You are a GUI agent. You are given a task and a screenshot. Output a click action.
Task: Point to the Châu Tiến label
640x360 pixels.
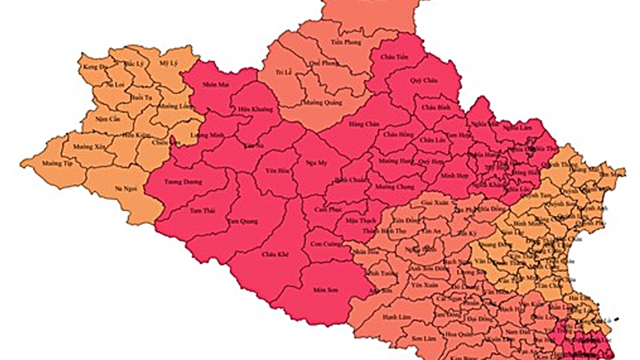393,57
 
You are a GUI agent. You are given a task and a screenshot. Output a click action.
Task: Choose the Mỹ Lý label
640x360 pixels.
167,63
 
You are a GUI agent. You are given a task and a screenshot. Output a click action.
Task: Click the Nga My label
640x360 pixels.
319,162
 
